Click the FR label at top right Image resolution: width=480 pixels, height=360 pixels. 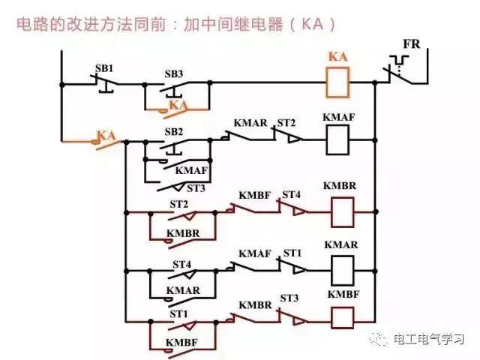click(412, 44)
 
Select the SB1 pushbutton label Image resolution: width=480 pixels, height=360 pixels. click(104, 68)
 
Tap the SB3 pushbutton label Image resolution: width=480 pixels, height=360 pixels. click(173, 73)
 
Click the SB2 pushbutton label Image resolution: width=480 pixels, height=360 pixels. click(173, 132)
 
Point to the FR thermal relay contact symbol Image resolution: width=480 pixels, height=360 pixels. click(400, 70)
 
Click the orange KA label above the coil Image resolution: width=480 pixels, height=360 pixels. click(338, 57)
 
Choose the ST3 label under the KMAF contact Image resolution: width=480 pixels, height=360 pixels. click(196, 188)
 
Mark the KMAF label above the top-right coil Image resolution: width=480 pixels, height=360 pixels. click(338, 117)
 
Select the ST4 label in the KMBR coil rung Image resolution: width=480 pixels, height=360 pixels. click(291, 194)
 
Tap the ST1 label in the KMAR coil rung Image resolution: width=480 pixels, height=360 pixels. click(292, 253)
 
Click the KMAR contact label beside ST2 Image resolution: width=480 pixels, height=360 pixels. click(250, 123)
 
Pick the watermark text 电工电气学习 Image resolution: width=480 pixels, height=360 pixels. click(428, 339)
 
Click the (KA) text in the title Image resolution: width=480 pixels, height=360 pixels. click(312, 24)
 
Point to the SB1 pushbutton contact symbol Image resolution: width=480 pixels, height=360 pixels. click(104, 83)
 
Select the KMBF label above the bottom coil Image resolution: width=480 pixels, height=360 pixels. click(343, 294)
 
